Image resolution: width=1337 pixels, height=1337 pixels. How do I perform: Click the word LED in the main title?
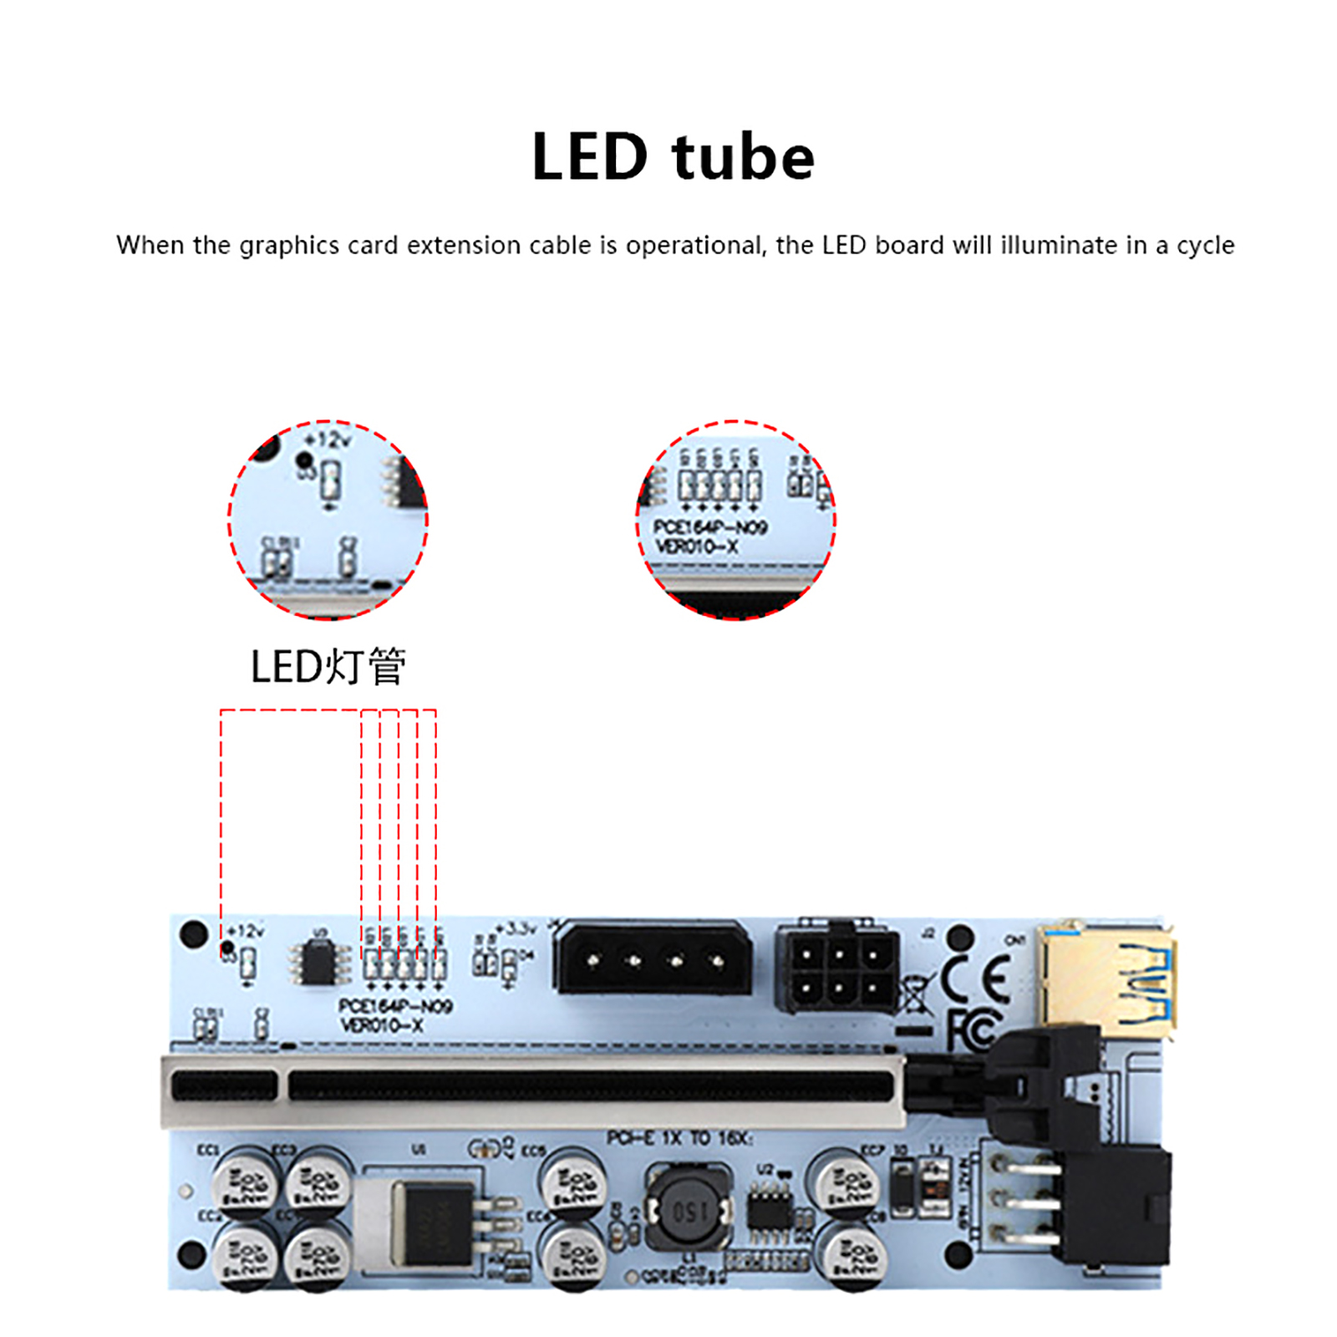point(590,157)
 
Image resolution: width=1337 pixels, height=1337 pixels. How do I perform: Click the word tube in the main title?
point(743,157)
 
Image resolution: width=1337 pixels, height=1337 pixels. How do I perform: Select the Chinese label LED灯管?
point(328,667)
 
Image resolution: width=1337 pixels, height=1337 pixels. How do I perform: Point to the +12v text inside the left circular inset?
point(328,440)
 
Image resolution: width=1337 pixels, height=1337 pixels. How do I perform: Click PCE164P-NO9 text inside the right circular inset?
point(710,527)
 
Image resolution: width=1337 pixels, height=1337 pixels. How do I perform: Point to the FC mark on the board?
point(974,1029)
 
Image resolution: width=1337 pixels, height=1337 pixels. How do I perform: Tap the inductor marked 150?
point(690,1210)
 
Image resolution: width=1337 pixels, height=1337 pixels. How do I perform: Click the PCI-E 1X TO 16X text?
point(679,1138)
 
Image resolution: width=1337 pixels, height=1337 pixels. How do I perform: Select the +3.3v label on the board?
point(516,928)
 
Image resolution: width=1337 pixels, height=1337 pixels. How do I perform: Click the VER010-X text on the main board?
point(382,1025)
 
